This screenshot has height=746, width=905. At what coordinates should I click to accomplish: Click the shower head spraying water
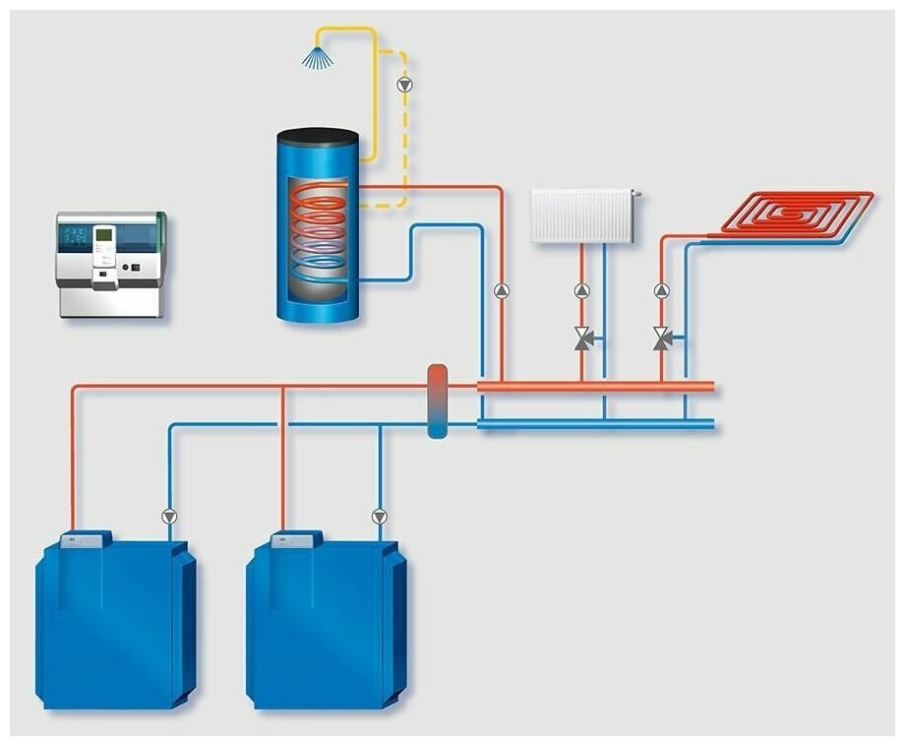point(317,56)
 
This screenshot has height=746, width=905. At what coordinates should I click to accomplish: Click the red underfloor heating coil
point(797,213)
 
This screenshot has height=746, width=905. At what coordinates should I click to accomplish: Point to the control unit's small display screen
point(103,237)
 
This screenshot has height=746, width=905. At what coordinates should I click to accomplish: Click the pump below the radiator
point(581,291)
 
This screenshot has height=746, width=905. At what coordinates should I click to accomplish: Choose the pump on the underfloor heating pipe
point(661,291)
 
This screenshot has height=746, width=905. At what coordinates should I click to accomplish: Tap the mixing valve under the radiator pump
point(582,340)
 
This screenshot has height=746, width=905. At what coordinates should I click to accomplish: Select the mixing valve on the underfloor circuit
point(662,340)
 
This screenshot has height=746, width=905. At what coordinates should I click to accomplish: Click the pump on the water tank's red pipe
point(502,290)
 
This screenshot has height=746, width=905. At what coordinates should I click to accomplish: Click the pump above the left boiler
point(169,516)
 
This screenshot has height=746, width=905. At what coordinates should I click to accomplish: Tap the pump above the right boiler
point(380,516)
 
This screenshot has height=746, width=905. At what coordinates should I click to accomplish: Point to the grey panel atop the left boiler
point(85,538)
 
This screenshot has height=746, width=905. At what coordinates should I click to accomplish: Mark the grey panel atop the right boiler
point(295,538)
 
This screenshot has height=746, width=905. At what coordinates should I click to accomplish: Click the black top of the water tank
point(316,137)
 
